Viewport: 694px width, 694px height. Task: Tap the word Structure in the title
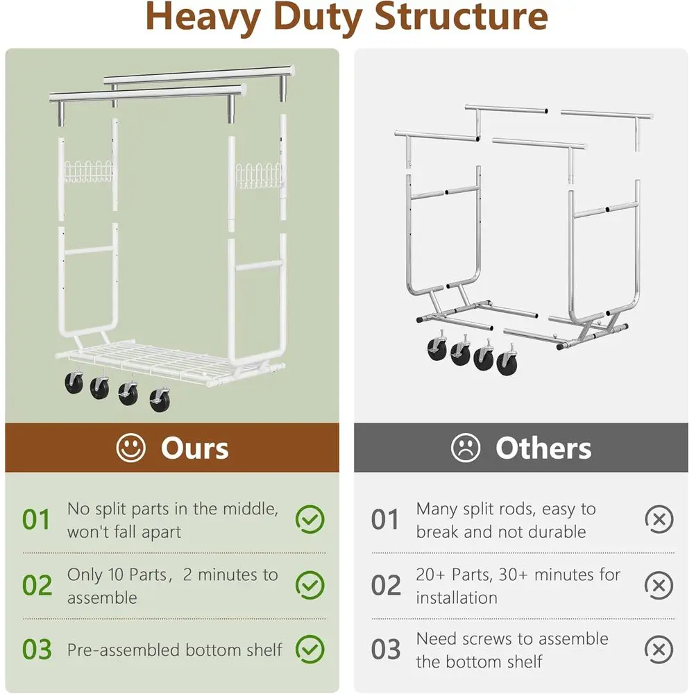click(x=461, y=17)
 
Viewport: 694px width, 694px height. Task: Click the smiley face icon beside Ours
click(x=130, y=448)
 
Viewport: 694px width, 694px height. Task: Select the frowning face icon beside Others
click(x=466, y=448)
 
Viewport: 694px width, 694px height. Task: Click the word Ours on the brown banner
click(x=195, y=448)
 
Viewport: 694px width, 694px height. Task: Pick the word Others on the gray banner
click(x=543, y=448)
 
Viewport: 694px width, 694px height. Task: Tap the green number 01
click(x=36, y=520)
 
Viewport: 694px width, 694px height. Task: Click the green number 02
click(x=37, y=585)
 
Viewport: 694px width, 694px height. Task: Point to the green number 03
click(x=37, y=650)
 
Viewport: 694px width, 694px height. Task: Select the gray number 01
click(x=385, y=520)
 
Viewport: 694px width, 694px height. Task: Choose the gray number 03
click(x=386, y=650)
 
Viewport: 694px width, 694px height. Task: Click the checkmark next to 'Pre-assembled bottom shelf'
click(x=310, y=650)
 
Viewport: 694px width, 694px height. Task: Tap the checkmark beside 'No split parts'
click(x=310, y=519)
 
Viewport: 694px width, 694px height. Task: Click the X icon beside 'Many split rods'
click(x=659, y=519)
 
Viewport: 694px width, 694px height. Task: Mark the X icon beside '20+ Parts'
click(x=659, y=585)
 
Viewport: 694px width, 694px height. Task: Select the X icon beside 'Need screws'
click(x=659, y=650)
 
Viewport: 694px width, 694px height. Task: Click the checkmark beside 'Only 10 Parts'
click(x=310, y=585)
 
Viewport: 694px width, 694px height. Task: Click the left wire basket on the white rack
click(x=88, y=171)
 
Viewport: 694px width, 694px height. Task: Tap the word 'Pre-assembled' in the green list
click(x=124, y=650)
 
